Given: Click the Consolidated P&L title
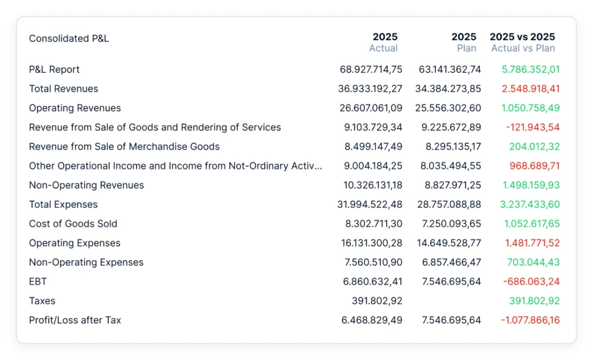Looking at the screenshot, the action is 69,39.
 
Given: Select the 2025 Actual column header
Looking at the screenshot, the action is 383,42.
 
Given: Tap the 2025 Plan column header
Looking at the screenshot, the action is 464,42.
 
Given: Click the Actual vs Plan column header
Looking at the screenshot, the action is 523,42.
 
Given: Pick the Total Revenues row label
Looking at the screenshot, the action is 64,89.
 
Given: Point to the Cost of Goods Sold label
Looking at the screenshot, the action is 73,224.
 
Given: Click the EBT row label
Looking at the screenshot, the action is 38,282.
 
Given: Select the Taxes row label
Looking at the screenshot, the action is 42,301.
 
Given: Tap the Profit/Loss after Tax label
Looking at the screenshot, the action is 75,320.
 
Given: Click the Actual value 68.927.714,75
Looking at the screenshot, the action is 371,69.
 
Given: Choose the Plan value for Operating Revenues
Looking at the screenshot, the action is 448,108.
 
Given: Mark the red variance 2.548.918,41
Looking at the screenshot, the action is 530,89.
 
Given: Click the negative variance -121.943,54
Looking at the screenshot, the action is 533,127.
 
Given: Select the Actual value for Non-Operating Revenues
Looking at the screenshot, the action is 373,185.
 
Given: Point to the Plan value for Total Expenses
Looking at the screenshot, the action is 449,204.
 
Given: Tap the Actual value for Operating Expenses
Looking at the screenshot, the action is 372,243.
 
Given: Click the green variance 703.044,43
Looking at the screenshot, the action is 533,262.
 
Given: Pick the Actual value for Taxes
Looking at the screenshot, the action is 377,301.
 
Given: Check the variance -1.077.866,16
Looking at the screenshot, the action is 530,320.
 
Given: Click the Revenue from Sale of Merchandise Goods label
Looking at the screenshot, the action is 124,147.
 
